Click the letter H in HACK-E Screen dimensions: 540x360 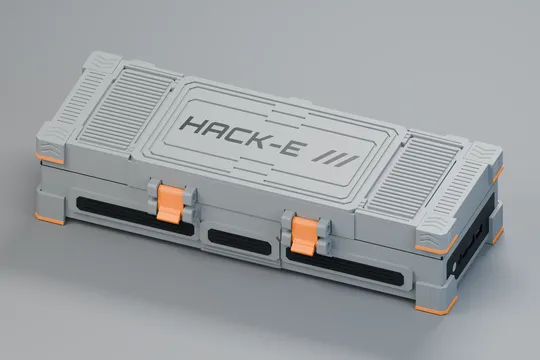coord(194,125)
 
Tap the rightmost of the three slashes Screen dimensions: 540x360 coord(347,162)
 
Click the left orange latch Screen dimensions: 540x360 coord(169,203)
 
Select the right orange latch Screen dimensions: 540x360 coord(303,236)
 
